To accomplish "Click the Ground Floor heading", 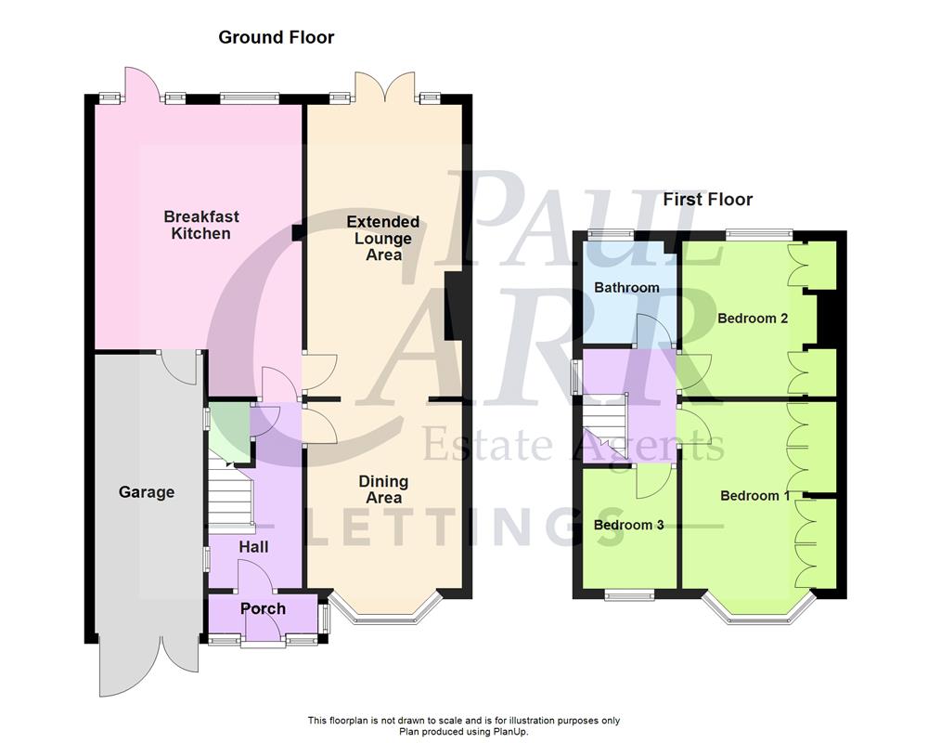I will [x=276, y=37].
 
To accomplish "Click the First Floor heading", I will [x=707, y=199].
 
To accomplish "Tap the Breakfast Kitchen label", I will [x=201, y=225].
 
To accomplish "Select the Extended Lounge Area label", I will [x=383, y=238].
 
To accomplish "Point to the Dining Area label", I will [x=383, y=489].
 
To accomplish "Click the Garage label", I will [x=147, y=492].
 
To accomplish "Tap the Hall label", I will [x=253, y=547].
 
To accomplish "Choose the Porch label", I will [x=264, y=608].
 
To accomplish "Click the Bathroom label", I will [x=626, y=288].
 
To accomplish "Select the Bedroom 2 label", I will [x=753, y=319].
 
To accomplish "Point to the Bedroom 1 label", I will [x=755, y=495].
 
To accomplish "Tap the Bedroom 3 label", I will [x=628, y=525].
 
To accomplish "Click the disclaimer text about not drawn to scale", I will [x=464, y=720].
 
